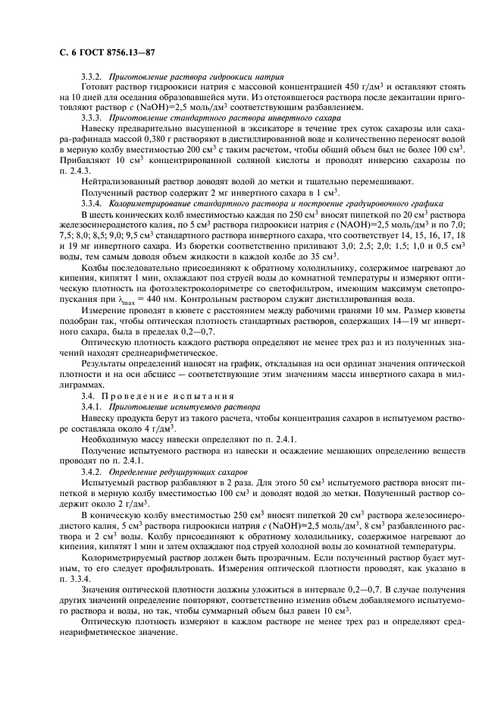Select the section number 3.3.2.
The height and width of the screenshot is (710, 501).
point(92,77)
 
